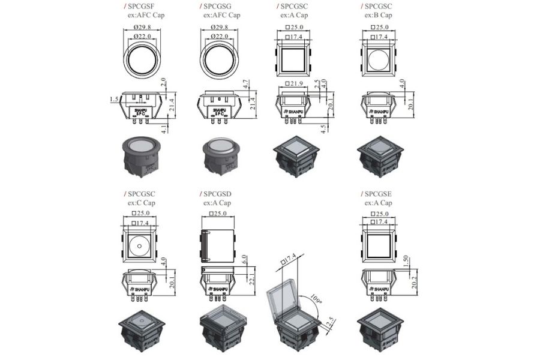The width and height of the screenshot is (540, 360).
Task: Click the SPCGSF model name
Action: [140, 6]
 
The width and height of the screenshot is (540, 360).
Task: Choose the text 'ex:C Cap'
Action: [141, 203]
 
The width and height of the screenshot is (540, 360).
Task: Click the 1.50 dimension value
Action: [405, 262]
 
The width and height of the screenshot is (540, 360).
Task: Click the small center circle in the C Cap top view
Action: [140, 246]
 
